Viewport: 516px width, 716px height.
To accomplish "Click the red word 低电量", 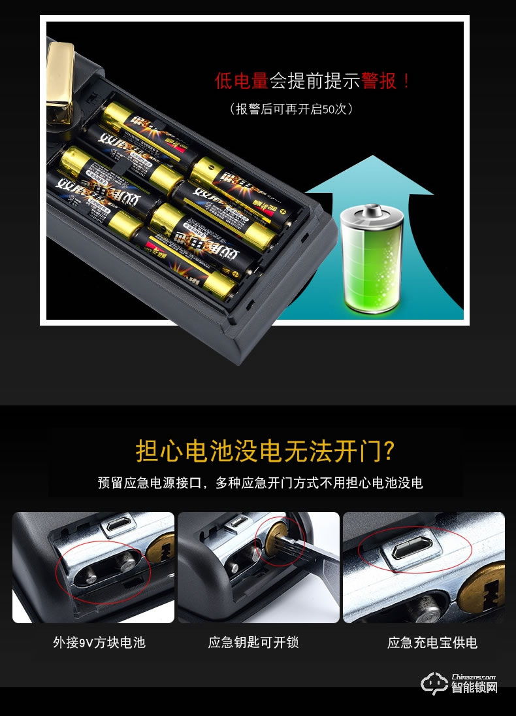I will pos(242,81).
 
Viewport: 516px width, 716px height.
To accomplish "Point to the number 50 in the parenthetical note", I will pos(329,109).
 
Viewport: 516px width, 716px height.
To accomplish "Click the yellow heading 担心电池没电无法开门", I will pos(257,451).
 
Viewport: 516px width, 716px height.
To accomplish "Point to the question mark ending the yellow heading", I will pos(387,451).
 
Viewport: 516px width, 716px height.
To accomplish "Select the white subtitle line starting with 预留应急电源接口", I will pos(260,483).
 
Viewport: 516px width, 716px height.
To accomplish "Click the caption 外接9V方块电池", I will pos(99,643).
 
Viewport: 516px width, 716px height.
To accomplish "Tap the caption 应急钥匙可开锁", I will pos(253,643).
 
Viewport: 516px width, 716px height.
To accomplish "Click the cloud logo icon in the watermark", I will pos(434,682).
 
